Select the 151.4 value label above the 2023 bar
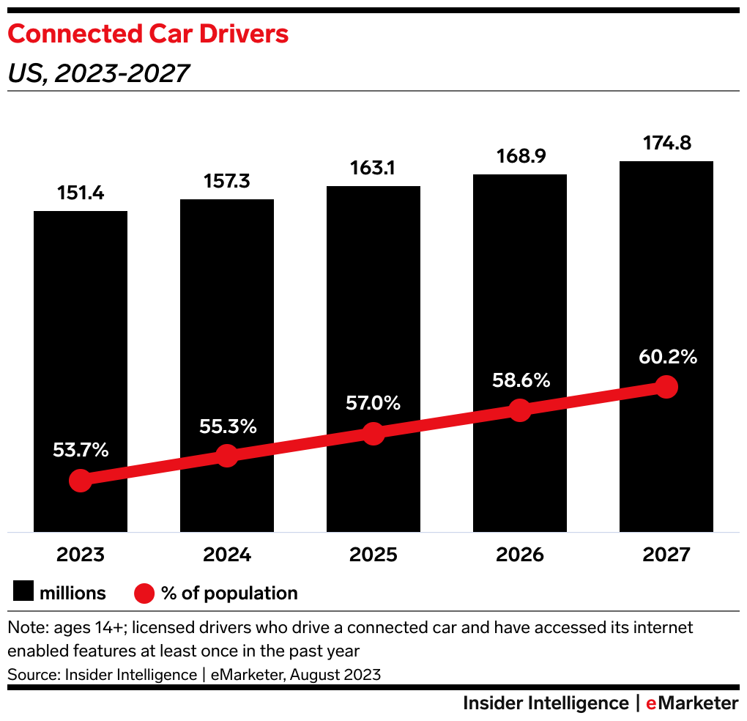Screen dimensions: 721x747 click(81, 193)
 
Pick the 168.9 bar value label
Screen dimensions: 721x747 click(520, 156)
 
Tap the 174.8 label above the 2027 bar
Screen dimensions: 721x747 click(666, 143)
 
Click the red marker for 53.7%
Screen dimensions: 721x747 click(81, 481)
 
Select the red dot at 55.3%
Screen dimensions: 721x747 click(227, 456)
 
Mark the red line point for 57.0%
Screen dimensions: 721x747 click(373, 433)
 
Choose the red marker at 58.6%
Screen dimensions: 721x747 click(520, 410)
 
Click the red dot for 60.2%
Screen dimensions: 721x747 click(666, 387)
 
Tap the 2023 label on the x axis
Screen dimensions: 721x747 click(81, 555)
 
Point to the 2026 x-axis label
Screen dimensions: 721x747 click(520, 555)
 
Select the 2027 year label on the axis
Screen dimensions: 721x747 click(666, 555)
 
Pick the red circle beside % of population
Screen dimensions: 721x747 click(144, 593)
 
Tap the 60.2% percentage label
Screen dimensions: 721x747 click(666, 358)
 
